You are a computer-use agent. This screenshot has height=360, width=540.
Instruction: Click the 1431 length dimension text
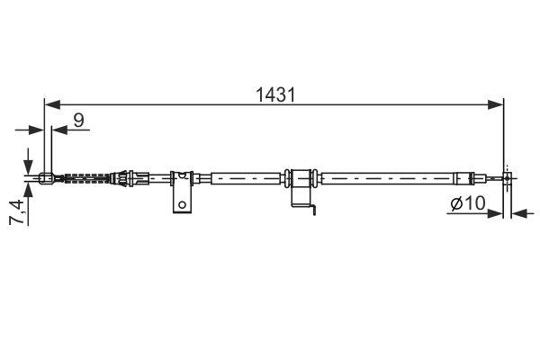pyautogui.click(x=274, y=93)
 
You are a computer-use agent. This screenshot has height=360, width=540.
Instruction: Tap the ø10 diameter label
pyautogui.click(x=467, y=206)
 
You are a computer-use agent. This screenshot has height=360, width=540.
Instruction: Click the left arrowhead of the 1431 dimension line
pyautogui.click(x=50, y=103)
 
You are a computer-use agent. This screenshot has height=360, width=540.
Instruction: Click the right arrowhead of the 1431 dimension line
pyautogui.click(x=497, y=103)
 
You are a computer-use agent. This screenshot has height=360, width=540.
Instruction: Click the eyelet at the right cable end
pyautogui.click(x=508, y=178)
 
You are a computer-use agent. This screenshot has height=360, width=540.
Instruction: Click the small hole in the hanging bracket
pyautogui.click(x=182, y=204)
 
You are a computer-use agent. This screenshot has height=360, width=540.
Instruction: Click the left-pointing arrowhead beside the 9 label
pyautogui.click(x=58, y=130)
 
